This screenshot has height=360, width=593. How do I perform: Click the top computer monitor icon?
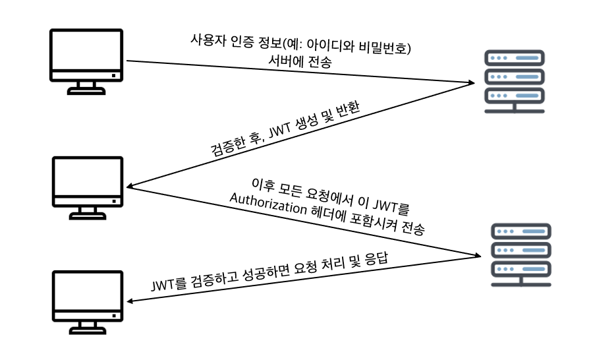click(86, 61)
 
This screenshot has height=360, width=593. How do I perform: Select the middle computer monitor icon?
click(88, 188)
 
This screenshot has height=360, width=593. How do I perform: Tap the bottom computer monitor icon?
click(88, 302)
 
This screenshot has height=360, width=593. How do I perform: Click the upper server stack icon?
click(515, 81)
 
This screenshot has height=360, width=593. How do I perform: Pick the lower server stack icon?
click(521, 255)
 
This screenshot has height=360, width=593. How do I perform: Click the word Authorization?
click(268, 204)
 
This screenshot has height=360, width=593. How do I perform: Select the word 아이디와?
click(330, 45)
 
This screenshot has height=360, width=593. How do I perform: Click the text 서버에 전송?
click(300, 61)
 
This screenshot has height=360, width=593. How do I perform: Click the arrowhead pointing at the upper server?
click(471, 82)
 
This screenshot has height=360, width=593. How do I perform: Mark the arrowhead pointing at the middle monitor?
click(130, 185)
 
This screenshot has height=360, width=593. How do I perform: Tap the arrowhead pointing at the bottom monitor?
click(130, 301)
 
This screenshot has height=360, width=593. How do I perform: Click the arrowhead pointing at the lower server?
click(478, 255)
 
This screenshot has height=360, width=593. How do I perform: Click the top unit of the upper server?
click(515, 58)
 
